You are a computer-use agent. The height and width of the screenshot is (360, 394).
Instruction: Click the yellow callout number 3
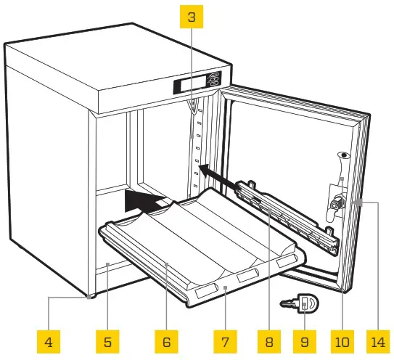click(191, 17)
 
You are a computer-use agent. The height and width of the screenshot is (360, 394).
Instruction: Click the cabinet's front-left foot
click(89, 296)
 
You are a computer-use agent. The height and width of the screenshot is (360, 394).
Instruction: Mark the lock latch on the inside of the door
click(335, 205)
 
